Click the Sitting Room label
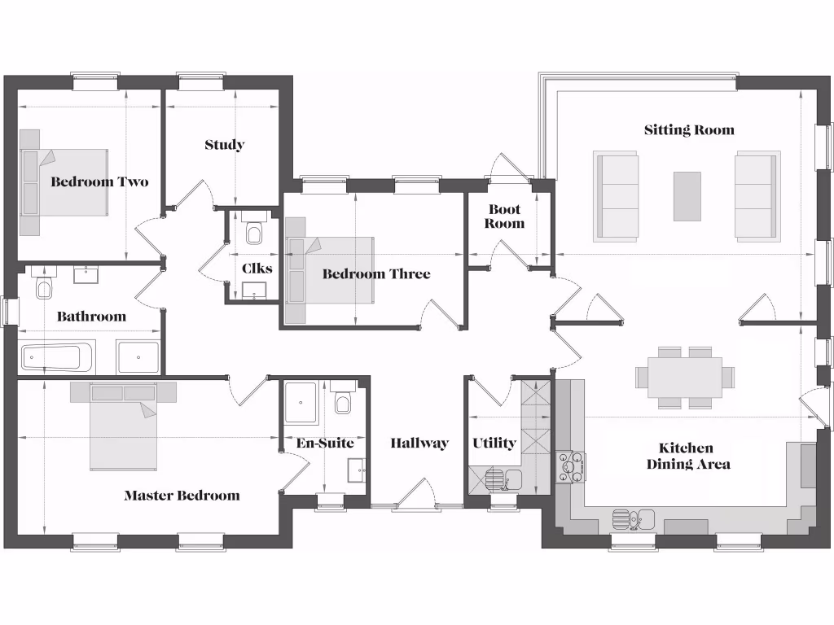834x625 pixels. pyautogui.click(x=689, y=130)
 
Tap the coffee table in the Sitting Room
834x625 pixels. pyautogui.click(x=687, y=196)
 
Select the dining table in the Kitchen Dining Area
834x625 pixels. pyautogui.click(x=685, y=376)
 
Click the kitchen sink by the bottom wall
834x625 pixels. pyautogui.click(x=634, y=517)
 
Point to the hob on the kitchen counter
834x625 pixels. pyautogui.click(x=569, y=466)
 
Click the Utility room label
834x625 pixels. pyautogui.click(x=494, y=444)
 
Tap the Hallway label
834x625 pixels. pyautogui.click(x=419, y=444)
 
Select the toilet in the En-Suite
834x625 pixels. pyautogui.click(x=343, y=400)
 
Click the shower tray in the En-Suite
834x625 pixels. pyautogui.click(x=303, y=401)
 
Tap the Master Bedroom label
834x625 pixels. pyautogui.click(x=182, y=496)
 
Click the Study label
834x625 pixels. pyautogui.click(x=224, y=146)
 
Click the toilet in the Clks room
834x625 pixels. pyautogui.click(x=253, y=233)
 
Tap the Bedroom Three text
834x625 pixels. pyautogui.click(x=375, y=274)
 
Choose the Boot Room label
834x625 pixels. pyautogui.click(x=504, y=216)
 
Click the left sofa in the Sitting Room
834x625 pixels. pyautogui.click(x=616, y=196)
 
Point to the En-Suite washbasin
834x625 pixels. pyautogui.click(x=355, y=470)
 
